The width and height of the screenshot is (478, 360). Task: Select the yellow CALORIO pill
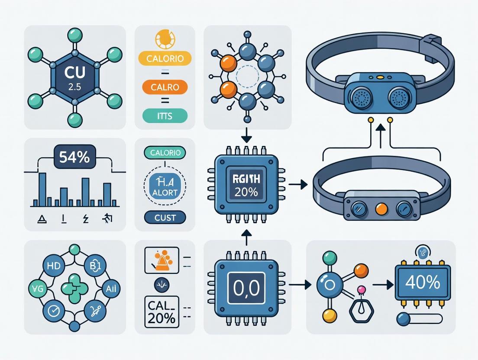tap(165, 58)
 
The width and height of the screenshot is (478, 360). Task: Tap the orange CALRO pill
tap(165, 87)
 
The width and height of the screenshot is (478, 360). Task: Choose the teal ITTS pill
tap(165, 116)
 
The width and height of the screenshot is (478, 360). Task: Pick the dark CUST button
tap(165, 217)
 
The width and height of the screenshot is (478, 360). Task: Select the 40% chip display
tap(423, 283)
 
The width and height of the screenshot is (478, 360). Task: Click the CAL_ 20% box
tap(162, 312)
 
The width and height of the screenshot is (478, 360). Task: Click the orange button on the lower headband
tap(381, 209)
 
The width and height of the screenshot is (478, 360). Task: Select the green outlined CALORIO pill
tap(165, 152)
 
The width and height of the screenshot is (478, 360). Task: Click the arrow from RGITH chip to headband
tap(297, 185)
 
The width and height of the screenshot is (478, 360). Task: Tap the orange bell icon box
tap(161, 260)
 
